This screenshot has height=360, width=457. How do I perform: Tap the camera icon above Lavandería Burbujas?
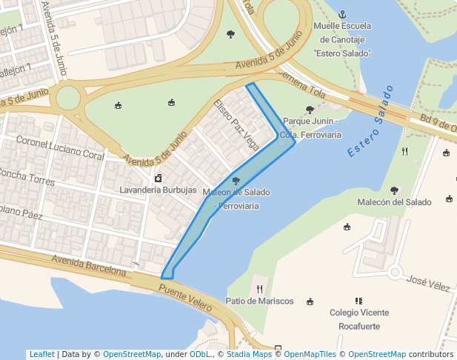[158, 178]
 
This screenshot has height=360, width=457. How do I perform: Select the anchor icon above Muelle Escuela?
[342, 14]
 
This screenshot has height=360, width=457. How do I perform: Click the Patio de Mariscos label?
[260, 301]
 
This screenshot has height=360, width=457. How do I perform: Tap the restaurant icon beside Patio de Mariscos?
[259, 289]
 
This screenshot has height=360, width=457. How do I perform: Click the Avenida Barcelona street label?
[88, 265]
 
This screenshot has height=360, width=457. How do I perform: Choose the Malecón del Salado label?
[394, 202]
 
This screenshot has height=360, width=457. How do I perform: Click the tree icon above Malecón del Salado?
[394, 190]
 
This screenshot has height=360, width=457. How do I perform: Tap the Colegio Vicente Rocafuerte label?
[359, 319]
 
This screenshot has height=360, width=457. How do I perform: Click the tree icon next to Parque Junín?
[310, 110]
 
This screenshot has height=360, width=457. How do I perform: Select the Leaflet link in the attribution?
[41, 354]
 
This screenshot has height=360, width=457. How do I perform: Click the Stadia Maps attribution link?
[249, 354]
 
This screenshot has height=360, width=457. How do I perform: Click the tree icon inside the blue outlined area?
[236, 180]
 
